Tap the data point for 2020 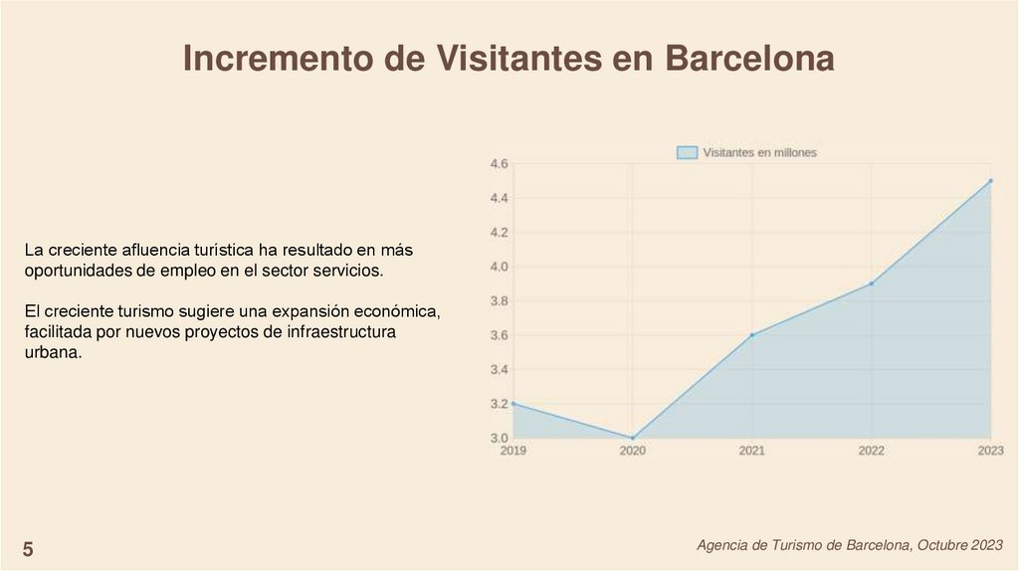coord(632,438)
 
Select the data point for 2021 coord(752,335)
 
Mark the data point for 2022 coord(872,284)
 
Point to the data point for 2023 coord(991,181)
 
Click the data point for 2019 coord(513,404)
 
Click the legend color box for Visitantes coord(687,152)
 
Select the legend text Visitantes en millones coord(759,152)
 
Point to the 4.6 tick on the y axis coord(499,164)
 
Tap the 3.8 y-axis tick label coord(499,301)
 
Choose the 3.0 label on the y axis coord(499,438)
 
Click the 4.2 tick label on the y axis coord(499,233)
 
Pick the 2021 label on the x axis coord(752,451)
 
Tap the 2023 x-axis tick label coord(990,451)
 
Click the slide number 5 coord(28,549)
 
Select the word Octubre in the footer coord(943,545)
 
